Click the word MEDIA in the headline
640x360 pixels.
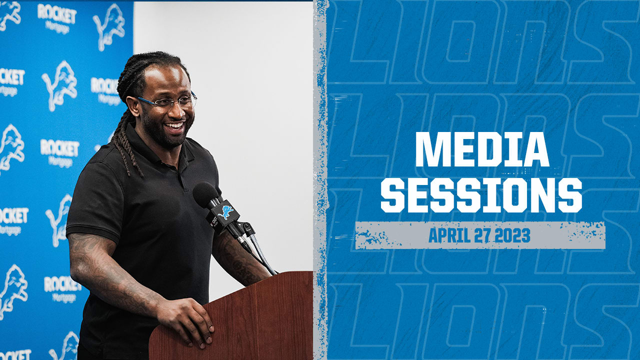(x=482, y=149)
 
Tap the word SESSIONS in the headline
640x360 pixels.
(x=481, y=195)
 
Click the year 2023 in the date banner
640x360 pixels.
(x=512, y=235)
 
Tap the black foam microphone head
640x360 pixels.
(x=205, y=195)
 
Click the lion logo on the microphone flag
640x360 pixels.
(x=225, y=212)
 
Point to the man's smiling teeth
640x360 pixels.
(x=175, y=125)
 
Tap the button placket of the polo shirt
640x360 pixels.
(x=183, y=177)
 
